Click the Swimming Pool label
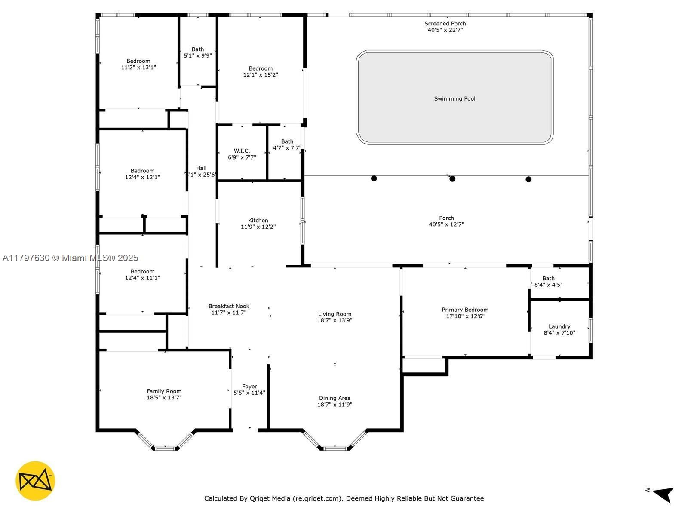455,99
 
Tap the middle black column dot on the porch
452,179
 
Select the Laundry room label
559,326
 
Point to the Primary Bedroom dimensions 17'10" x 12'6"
465,316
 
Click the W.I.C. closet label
242,151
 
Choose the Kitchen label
258,221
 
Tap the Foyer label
249,387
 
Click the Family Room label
164,391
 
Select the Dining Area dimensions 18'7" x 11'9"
335,405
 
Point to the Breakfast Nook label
229,306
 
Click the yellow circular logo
35,481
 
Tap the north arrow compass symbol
663,494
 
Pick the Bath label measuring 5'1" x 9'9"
198,49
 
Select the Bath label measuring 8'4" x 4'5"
548,279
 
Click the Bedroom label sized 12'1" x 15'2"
261,68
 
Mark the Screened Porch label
445,24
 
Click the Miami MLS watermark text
70,258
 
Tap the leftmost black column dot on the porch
374,178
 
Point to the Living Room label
335,314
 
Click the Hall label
201,168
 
